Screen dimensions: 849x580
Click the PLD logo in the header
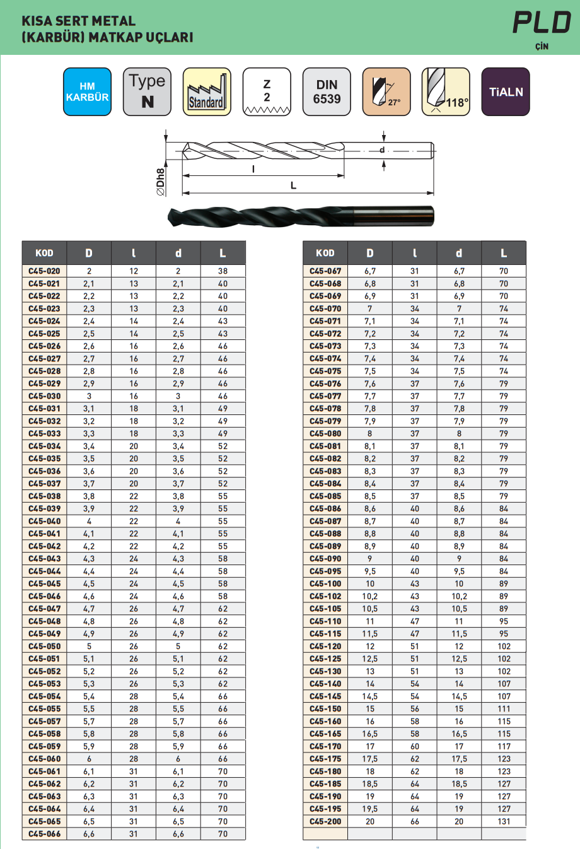[x=542, y=23]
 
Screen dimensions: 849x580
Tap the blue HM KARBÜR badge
[x=87, y=92]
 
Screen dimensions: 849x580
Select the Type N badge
[x=147, y=92]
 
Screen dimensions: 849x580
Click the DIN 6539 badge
[x=327, y=92]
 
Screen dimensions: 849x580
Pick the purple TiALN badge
[x=506, y=92]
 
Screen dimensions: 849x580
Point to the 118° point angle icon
[x=446, y=92]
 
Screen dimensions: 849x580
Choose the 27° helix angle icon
[x=386, y=92]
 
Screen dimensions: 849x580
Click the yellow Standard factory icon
[x=206, y=92]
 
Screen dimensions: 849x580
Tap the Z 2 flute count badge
[x=267, y=92]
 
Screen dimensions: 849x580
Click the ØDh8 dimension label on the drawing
[x=161, y=182]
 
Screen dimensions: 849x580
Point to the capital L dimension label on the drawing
[x=293, y=185]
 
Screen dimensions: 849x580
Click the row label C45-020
[x=44, y=271]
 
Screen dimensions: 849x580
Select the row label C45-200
[x=325, y=821]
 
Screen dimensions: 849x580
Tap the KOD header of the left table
[x=44, y=253]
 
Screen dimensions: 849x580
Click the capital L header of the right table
[x=504, y=253]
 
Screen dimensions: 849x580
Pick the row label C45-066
[x=44, y=834]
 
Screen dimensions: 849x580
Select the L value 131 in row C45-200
[x=504, y=821]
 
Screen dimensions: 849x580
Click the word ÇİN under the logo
[x=542, y=47]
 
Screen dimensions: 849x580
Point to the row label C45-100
[x=325, y=583]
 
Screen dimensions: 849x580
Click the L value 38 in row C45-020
[x=223, y=271]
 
